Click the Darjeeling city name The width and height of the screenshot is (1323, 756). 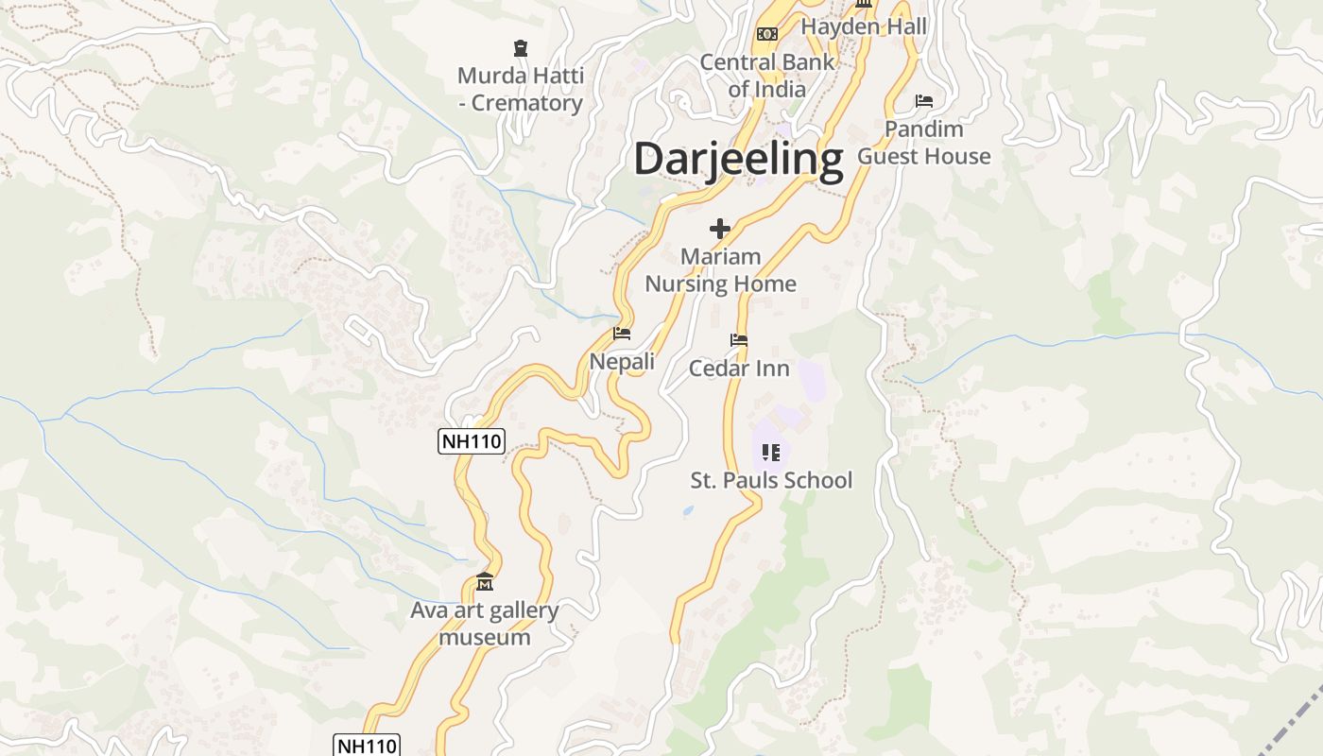point(738,159)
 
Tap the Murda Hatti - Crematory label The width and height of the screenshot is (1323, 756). point(521,89)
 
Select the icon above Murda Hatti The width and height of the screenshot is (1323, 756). point(520,47)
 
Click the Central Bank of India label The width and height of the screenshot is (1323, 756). point(767,76)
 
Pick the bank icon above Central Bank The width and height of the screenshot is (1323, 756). point(767,34)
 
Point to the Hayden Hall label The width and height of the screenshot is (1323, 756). point(864,26)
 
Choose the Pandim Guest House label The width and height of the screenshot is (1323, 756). point(924,143)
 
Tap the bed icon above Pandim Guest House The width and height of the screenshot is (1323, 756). point(924,101)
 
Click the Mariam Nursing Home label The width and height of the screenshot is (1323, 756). point(720,270)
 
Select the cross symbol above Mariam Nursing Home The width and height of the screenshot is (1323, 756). point(720,229)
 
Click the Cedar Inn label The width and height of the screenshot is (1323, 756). point(739,369)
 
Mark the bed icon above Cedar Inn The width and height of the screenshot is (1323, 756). point(739,340)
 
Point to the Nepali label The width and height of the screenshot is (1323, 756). point(622,362)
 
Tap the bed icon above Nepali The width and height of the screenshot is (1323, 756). point(622,334)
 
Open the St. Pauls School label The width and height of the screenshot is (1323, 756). point(771,480)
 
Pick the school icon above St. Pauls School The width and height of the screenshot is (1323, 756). point(771,453)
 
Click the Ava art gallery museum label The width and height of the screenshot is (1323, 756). point(485,624)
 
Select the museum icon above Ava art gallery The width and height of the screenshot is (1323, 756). point(485,581)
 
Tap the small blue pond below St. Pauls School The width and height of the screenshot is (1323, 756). point(688,511)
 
